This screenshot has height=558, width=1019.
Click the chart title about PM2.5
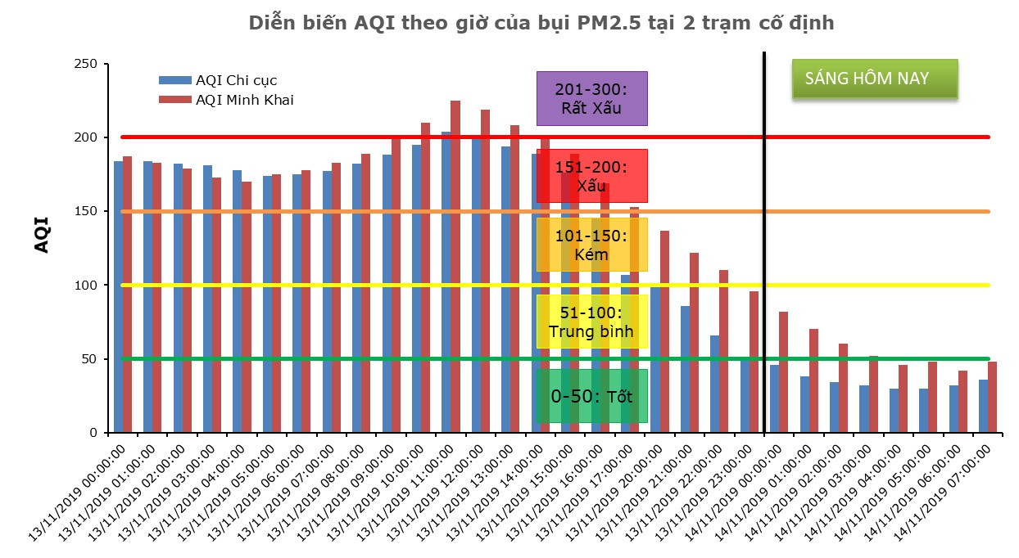[541, 24]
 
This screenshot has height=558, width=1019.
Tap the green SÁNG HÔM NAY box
[874, 79]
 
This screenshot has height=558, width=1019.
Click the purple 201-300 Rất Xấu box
[591, 98]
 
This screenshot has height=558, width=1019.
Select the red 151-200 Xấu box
[591, 175]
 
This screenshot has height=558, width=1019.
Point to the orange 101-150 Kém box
[591, 245]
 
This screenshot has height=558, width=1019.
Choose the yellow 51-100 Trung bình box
[591, 322]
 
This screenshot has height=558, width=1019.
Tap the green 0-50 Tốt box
[591, 396]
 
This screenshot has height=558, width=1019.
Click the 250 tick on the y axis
[86, 65]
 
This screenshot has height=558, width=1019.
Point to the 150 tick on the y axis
[86, 212]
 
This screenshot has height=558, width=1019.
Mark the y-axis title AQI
[42, 234]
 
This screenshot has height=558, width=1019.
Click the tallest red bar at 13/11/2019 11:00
[455, 267]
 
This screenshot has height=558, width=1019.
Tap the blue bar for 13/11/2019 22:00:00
[714, 384]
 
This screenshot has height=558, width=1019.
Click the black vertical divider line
[764, 245]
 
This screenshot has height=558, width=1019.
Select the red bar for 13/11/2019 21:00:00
[694, 343]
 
